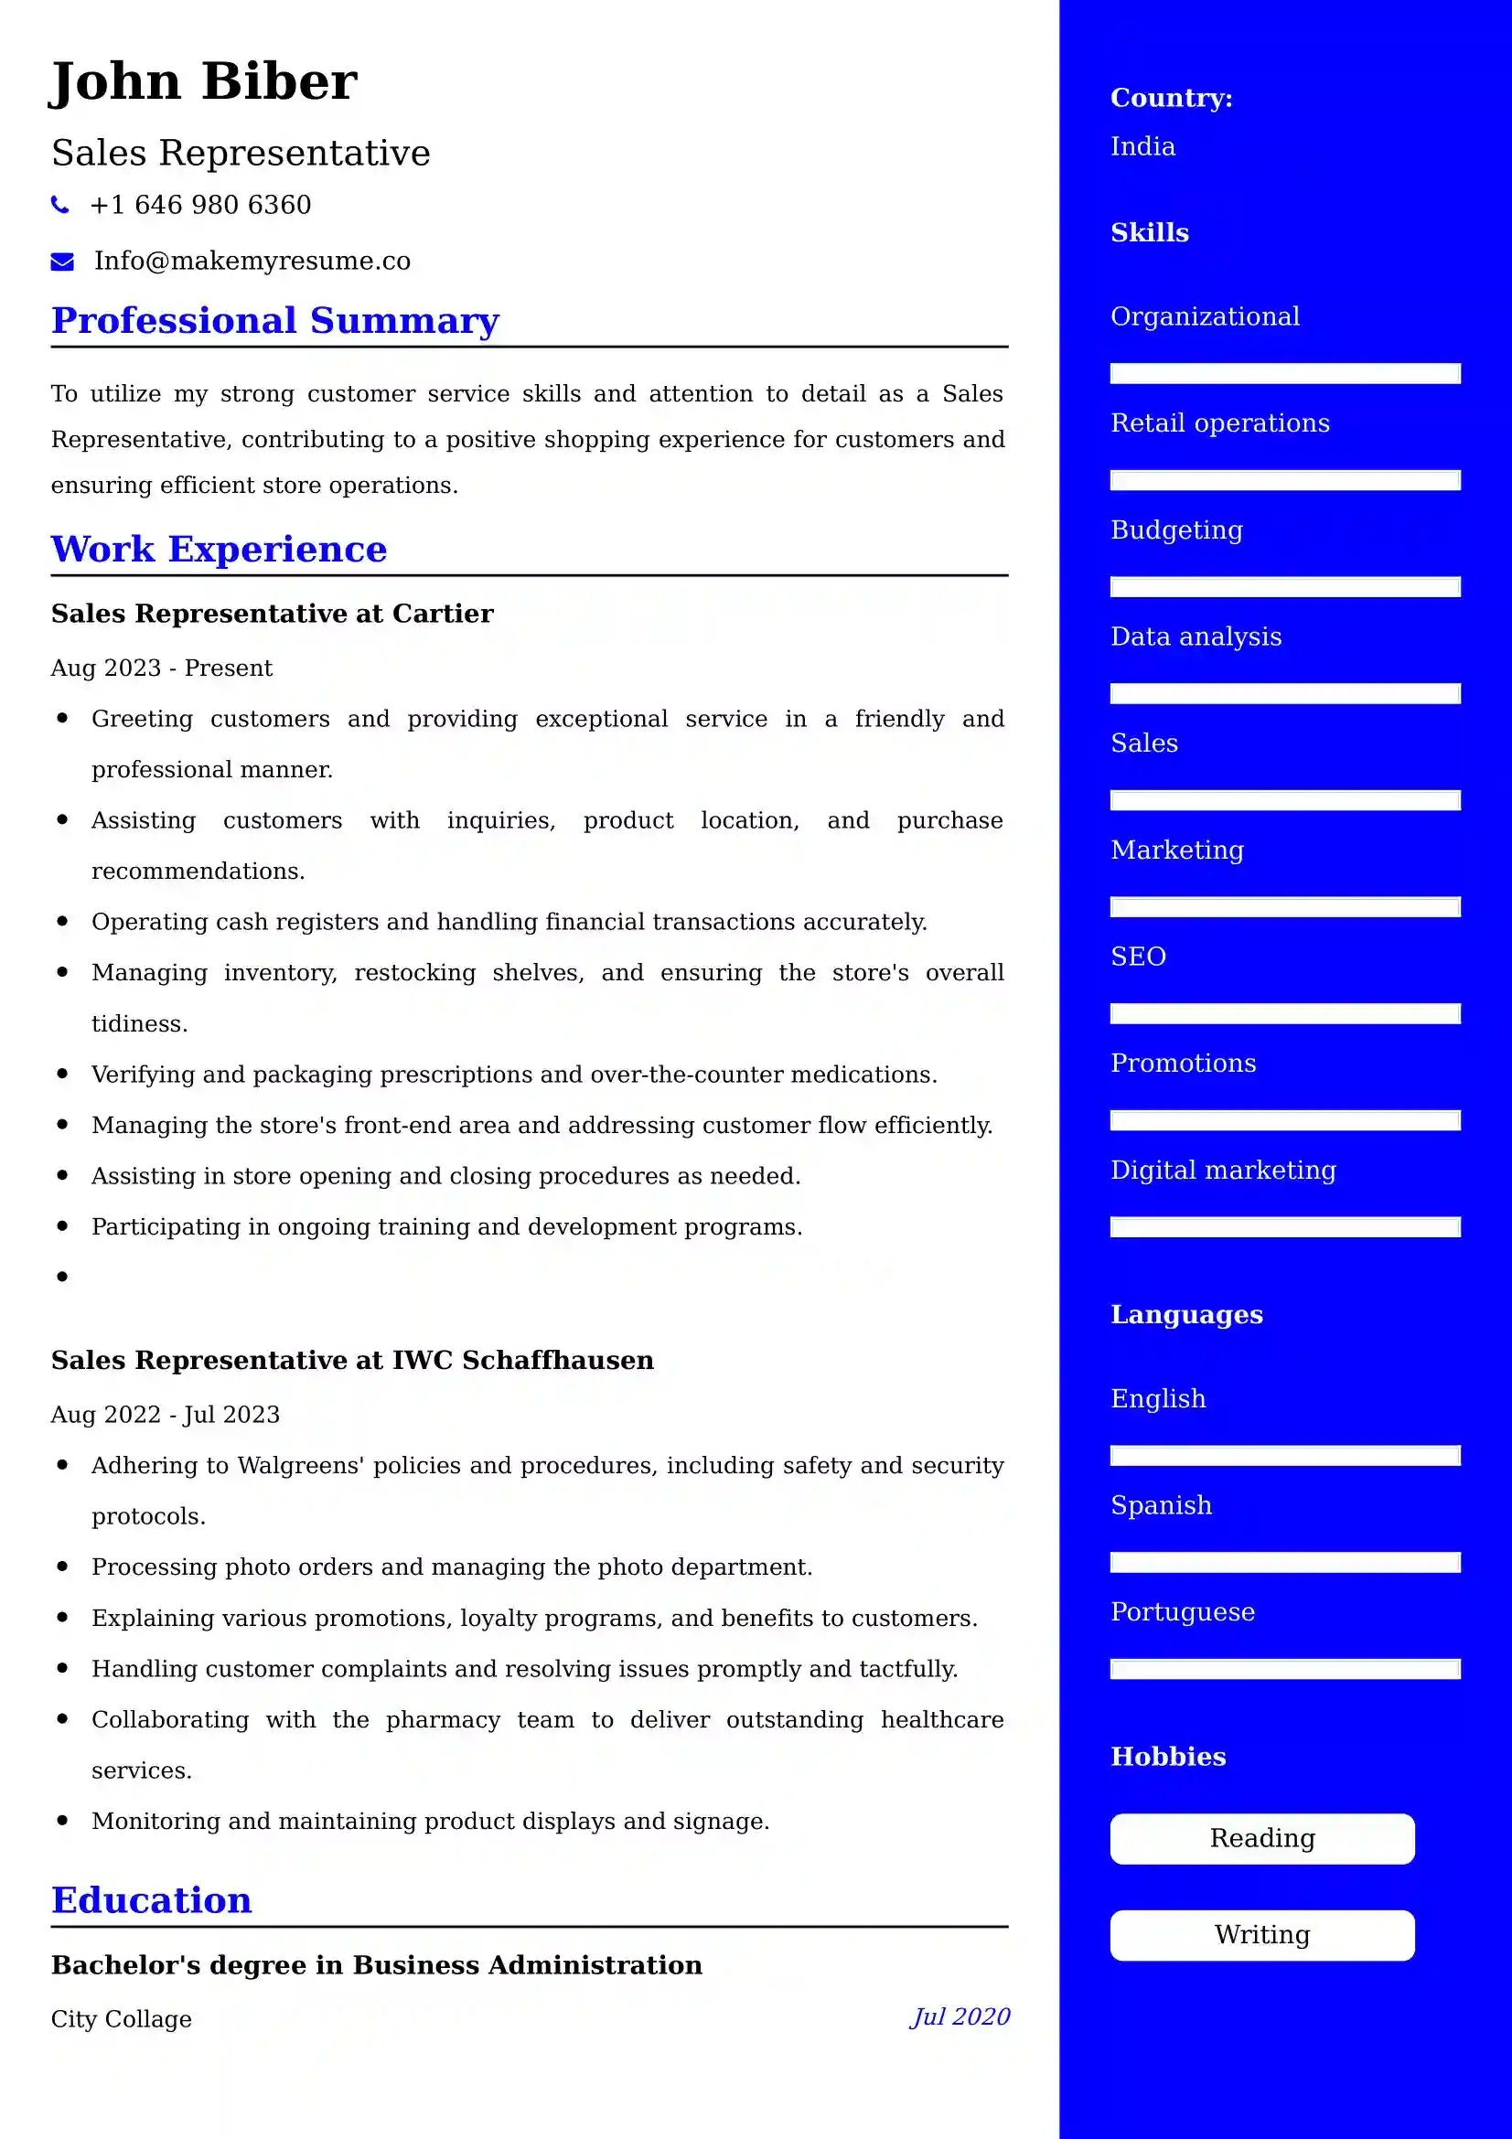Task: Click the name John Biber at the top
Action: [203, 81]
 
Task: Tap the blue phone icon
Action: [60, 205]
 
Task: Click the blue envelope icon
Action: [62, 262]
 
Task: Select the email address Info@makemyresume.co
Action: [252, 261]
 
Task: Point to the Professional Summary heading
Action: [274, 320]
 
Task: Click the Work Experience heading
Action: [219, 550]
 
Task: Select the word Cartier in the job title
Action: [443, 614]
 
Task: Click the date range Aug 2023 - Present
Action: [161, 668]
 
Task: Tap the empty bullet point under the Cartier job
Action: [62, 1277]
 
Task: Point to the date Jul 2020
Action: [960, 2017]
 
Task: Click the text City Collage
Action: [121, 2019]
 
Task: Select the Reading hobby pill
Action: [1261, 1838]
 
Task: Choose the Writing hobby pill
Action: [1261, 1935]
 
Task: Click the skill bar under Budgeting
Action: [1284, 587]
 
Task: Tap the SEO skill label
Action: [1138, 957]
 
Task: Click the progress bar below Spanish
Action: [1284, 1562]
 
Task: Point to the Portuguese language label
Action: [1182, 1611]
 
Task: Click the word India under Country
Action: [1142, 147]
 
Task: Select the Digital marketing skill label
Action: [1222, 1171]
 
